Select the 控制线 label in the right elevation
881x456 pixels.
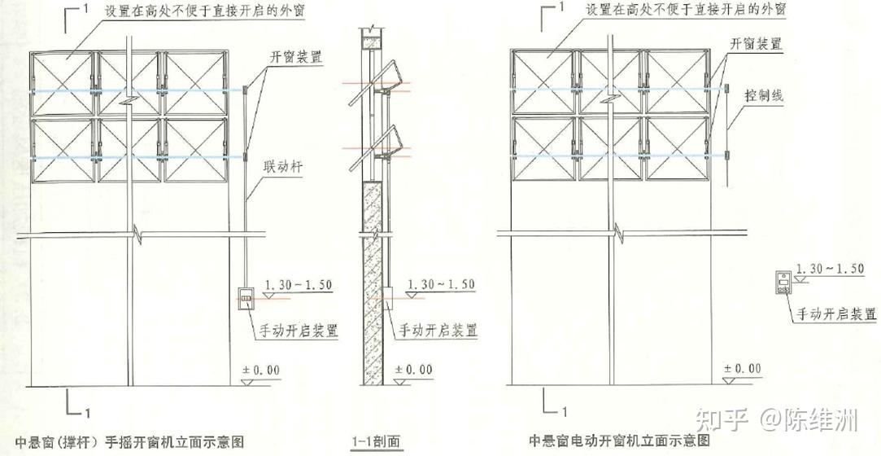click(764, 96)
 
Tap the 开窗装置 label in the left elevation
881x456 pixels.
click(295, 57)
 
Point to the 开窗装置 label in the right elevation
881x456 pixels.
click(756, 44)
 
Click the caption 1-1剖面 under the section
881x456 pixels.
click(376, 441)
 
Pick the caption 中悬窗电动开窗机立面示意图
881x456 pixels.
click(619, 441)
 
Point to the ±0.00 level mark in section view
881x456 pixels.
click(414, 370)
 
